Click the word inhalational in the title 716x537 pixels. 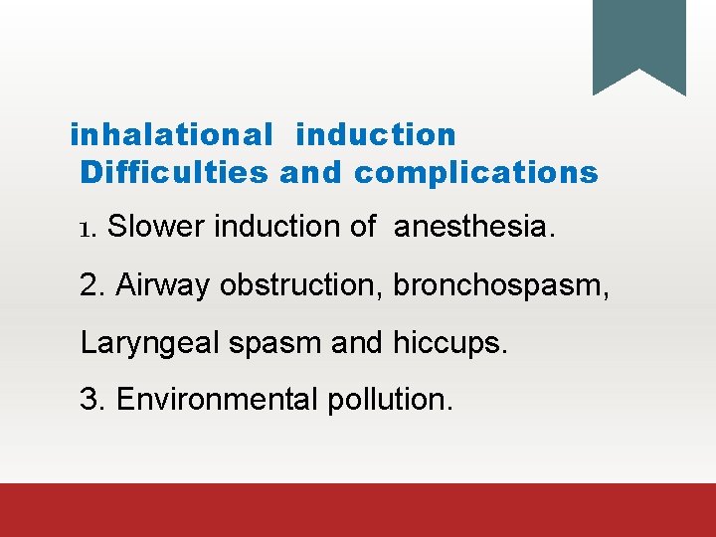170,134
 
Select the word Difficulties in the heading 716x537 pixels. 174,173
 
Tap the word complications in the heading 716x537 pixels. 476,173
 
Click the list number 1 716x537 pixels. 86,230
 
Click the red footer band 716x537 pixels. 358,510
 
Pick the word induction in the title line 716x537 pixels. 376,134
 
